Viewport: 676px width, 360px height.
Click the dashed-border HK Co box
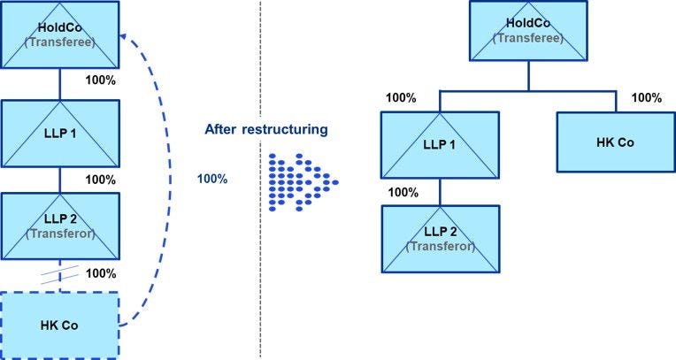[x=59, y=325]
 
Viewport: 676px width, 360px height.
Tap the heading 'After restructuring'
[x=265, y=129]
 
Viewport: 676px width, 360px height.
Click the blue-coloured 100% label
[x=211, y=179]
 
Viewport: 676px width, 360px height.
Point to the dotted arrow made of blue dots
[x=301, y=180]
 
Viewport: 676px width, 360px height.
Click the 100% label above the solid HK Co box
[x=647, y=97]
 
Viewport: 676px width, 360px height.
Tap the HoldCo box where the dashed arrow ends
[x=59, y=34]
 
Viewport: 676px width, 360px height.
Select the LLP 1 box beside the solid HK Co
[x=440, y=144]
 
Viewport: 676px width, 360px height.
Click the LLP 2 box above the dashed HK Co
[x=59, y=225]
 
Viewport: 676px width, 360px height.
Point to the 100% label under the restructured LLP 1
[x=402, y=192]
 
